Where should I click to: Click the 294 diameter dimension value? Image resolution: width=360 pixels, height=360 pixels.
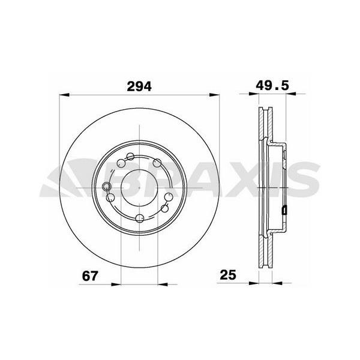coord(139,86)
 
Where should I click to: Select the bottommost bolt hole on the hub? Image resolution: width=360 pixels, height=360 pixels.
coord(139,218)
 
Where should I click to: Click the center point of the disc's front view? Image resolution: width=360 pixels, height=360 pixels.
coord(139,185)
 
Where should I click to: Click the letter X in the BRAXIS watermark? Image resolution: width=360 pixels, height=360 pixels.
coord(242,181)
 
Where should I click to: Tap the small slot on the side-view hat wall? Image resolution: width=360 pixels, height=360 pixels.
coord(284,209)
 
